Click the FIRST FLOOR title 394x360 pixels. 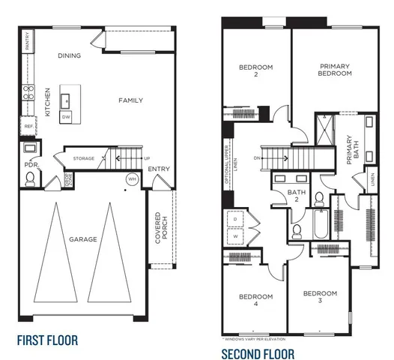(x=47, y=340)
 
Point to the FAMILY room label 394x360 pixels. (x=131, y=100)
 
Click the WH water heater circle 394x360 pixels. (x=133, y=180)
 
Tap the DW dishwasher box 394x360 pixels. (x=67, y=117)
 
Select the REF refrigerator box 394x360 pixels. (x=28, y=127)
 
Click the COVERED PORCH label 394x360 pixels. (x=158, y=230)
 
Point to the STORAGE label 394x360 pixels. (x=84, y=159)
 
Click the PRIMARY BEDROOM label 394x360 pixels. (x=334, y=70)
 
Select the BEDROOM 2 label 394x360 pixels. (x=255, y=71)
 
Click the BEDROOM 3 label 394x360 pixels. (x=319, y=296)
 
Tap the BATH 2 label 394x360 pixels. (x=297, y=196)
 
